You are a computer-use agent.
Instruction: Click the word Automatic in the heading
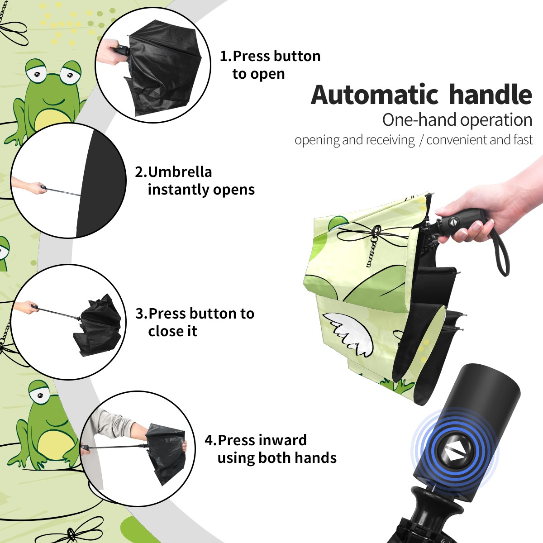coord(375,95)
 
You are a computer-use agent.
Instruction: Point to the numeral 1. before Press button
coord(226,56)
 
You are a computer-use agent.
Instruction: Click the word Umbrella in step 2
coord(180,172)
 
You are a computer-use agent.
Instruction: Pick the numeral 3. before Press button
coord(141,314)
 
